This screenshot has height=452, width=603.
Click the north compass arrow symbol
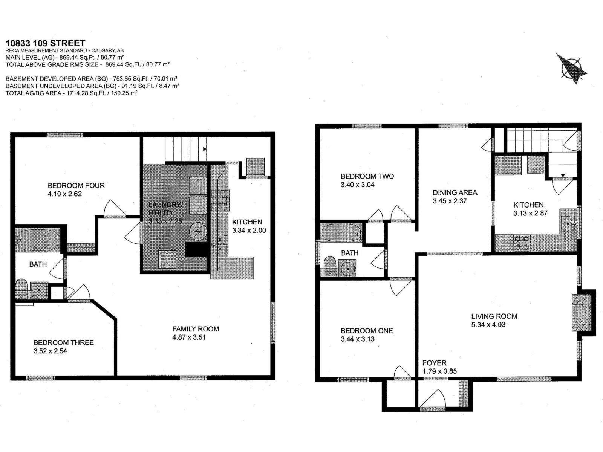[572, 69]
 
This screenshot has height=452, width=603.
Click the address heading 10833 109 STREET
[45, 43]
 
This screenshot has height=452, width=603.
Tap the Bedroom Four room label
[76, 185]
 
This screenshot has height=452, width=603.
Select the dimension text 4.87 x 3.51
[189, 337]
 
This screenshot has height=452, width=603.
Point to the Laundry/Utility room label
[165, 209]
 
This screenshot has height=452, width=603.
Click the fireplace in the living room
[582, 313]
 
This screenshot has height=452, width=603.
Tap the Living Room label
[494, 316]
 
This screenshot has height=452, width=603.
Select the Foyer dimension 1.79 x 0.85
[439, 371]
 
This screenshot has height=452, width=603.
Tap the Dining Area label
[455, 192]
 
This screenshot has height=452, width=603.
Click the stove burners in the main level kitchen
[522, 243]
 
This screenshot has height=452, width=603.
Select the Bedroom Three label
[63, 342]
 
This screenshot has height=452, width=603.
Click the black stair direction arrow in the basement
[205, 149]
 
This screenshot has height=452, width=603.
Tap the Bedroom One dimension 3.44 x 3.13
[357, 339]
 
